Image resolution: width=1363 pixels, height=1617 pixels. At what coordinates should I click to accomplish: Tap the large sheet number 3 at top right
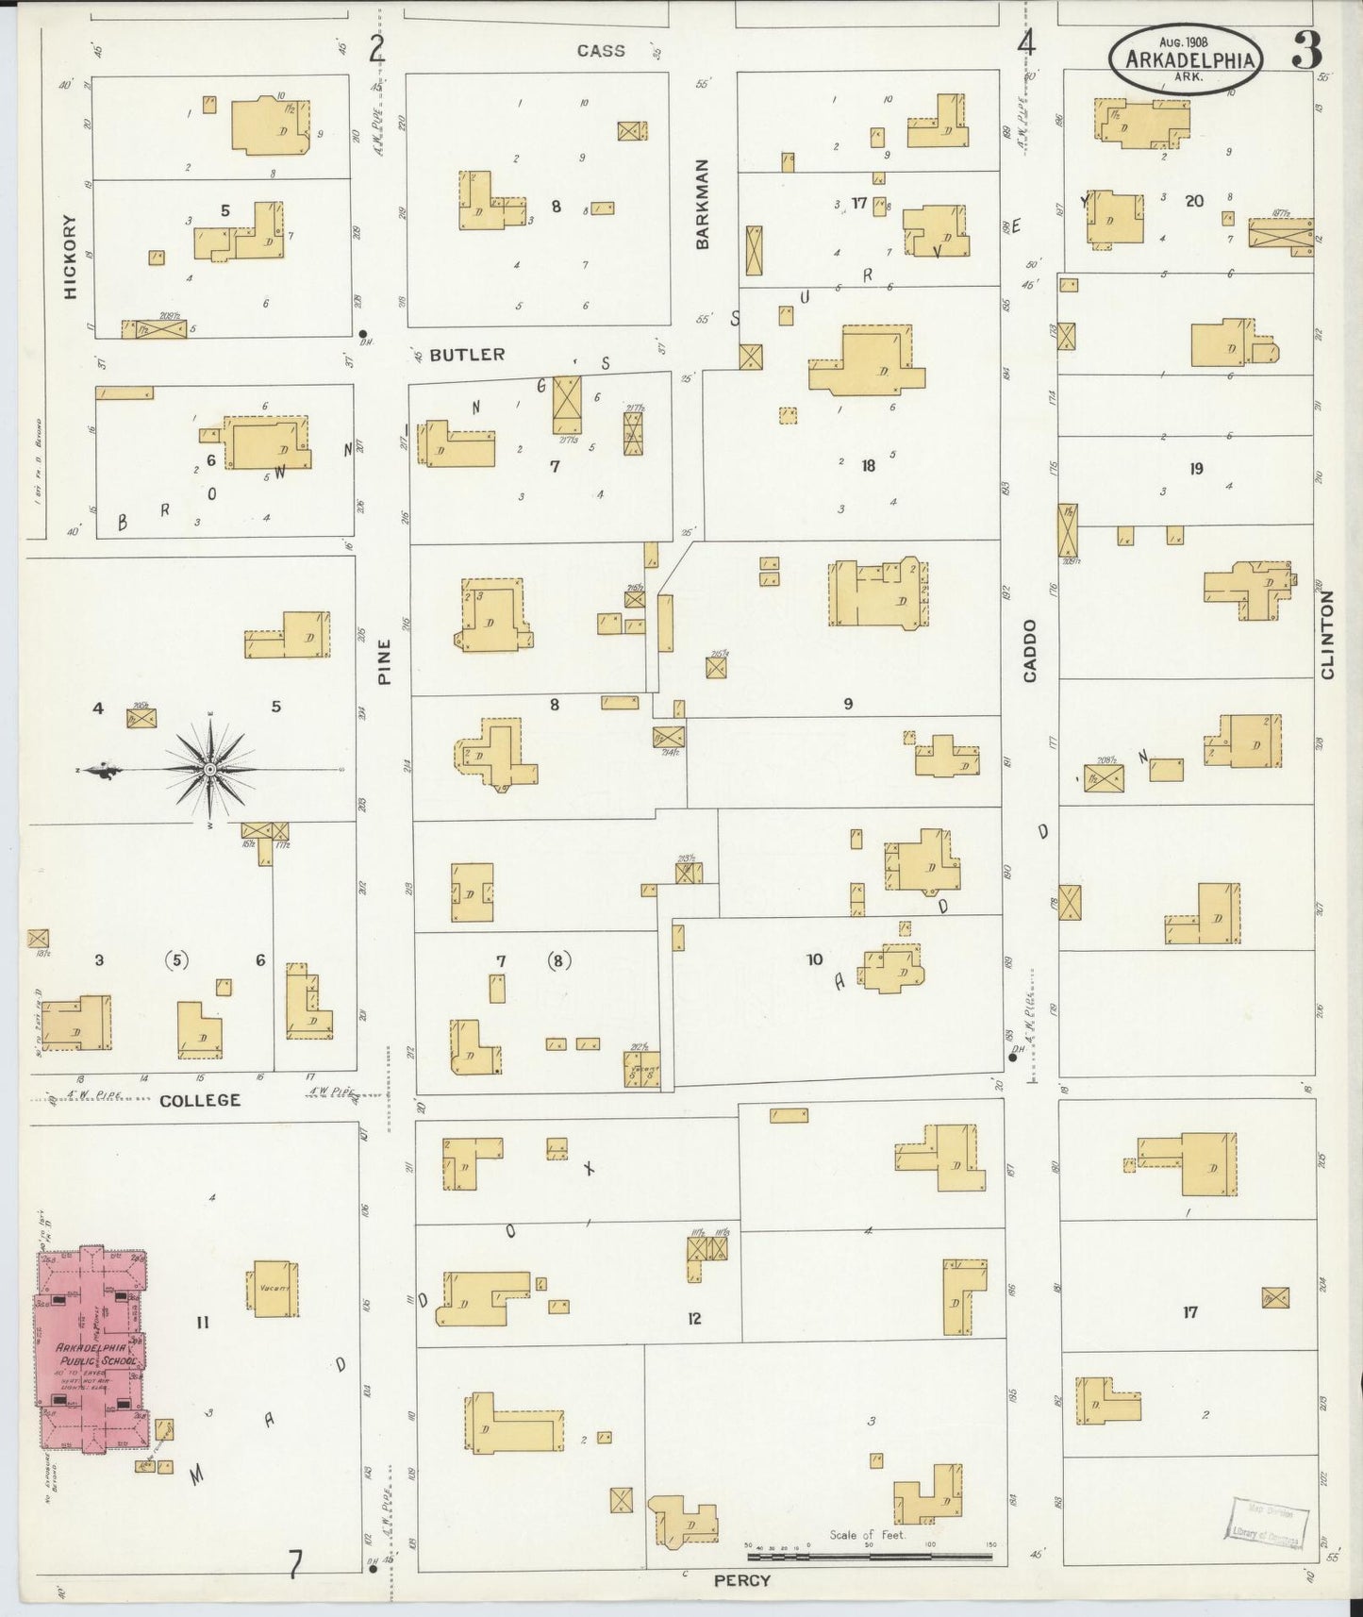1306,50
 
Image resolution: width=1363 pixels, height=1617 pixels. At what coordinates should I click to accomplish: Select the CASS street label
601,51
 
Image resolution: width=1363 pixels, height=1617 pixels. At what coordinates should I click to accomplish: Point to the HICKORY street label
70,257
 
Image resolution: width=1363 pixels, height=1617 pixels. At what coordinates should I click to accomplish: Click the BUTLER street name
467,355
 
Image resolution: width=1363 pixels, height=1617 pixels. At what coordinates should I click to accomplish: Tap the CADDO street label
1030,651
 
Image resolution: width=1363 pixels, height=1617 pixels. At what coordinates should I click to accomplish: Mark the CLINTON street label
1328,634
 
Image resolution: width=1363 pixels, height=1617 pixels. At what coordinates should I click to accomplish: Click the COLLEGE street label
199,1100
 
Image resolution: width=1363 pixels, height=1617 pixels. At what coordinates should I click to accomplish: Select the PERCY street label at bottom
741,1579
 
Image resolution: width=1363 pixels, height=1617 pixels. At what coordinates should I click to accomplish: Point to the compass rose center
209,770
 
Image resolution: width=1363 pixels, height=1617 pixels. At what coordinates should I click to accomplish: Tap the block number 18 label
868,464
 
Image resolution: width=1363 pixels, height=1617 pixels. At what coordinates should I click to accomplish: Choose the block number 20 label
1194,201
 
